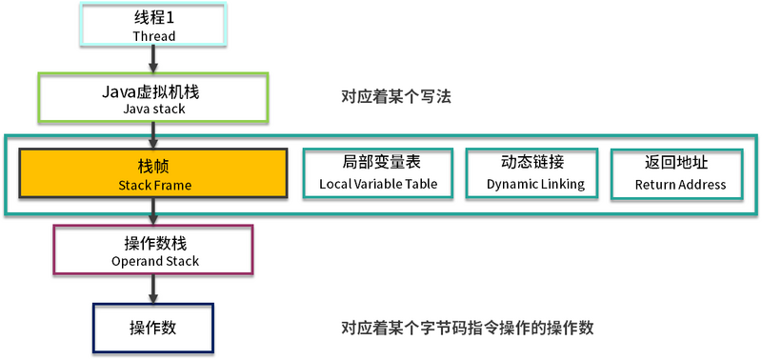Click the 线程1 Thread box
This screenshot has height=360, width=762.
(153, 27)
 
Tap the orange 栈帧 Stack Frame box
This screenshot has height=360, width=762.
(153, 173)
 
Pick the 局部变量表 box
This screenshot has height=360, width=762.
(378, 173)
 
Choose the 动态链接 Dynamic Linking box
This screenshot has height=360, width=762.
(531, 173)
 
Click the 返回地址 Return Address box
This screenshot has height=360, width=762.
(679, 173)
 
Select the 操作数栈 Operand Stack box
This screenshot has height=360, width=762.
(153, 250)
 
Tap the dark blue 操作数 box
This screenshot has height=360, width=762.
(153, 328)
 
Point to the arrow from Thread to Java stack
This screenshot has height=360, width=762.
(153, 62)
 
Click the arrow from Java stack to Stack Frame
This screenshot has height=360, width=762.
(153, 136)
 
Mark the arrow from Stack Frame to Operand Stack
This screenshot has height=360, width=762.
(153, 211)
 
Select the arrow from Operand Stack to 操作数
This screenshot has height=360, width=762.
(153, 290)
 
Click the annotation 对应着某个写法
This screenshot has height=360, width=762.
(395, 96)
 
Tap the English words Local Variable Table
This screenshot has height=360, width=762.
(378, 184)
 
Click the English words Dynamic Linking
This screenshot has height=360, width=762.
(531, 184)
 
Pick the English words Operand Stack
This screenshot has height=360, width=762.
(153, 261)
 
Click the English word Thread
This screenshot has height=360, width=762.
(153, 36)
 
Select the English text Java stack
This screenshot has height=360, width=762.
(153, 109)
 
